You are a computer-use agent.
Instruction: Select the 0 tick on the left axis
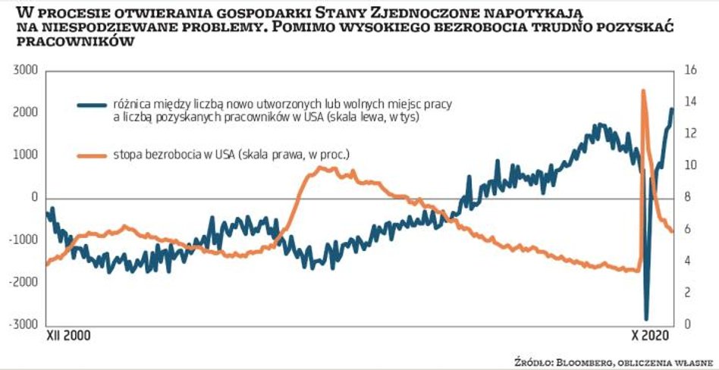(34, 197)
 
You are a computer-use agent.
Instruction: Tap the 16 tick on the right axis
(689, 71)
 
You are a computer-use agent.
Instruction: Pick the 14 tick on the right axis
(689, 102)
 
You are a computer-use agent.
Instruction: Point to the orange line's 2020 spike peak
(643, 90)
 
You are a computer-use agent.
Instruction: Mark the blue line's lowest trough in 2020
(647, 318)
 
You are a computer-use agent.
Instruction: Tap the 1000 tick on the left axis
(26, 155)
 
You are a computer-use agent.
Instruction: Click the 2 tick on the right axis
(686, 293)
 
